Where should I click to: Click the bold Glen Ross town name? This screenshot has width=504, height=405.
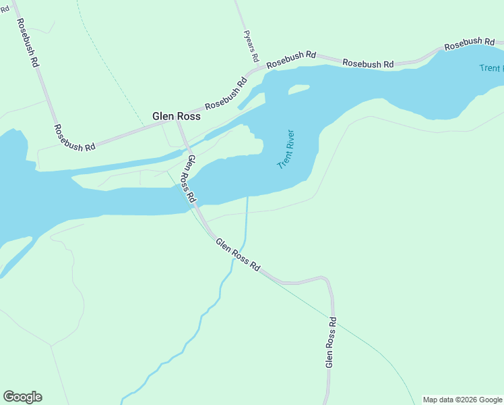tap(177, 115)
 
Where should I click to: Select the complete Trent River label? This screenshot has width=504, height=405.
tap(287, 149)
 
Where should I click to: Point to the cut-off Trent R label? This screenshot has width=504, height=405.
tap(491, 68)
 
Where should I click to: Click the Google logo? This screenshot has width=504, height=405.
tap(22, 397)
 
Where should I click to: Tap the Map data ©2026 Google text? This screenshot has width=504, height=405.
tap(463, 400)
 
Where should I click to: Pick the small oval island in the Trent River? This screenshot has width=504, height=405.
tap(298, 88)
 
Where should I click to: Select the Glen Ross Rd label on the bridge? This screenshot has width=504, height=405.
tap(191, 179)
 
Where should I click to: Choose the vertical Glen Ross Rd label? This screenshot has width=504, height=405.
tap(330, 342)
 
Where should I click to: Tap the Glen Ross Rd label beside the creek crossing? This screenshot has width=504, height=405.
tap(237, 254)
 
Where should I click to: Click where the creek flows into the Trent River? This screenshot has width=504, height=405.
tap(248, 196)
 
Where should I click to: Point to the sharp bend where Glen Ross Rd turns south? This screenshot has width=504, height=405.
tap(327, 279)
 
